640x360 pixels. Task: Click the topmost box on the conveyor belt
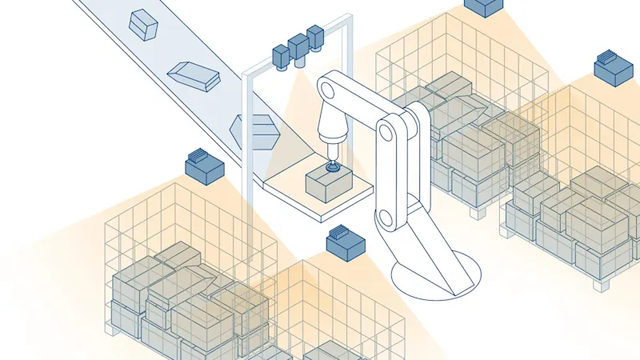[x=144, y=24]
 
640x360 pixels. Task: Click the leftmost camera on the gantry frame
[x=282, y=56]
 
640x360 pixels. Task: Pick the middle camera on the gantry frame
[x=298, y=46]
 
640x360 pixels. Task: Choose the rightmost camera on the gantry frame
[x=315, y=37]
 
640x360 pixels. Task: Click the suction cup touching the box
[x=333, y=168]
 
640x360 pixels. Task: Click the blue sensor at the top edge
[x=484, y=7]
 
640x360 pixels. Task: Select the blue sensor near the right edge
[x=614, y=70]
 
